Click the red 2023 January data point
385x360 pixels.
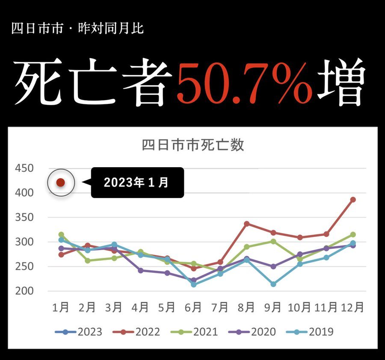[x=61, y=183]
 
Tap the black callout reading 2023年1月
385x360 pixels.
[x=137, y=183]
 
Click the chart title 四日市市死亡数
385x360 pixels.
[x=192, y=145]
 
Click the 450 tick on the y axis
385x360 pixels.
[x=24, y=168]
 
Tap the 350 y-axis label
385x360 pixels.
[x=24, y=217]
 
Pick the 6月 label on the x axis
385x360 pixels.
[x=193, y=307]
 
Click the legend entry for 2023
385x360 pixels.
[x=79, y=332]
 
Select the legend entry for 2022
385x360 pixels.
[x=136, y=332]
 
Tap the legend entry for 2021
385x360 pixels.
[x=194, y=332]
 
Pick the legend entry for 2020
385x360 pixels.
[x=252, y=332]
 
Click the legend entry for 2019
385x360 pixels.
[x=310, y=332]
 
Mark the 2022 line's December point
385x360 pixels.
[x=353, y=200]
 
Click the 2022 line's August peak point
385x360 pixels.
[x=246, y=224]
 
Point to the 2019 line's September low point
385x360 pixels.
[x=273, y=284]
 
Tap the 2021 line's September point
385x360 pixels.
[x=273, y=241]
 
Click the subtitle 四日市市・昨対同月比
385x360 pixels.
[x=77, y=29]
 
